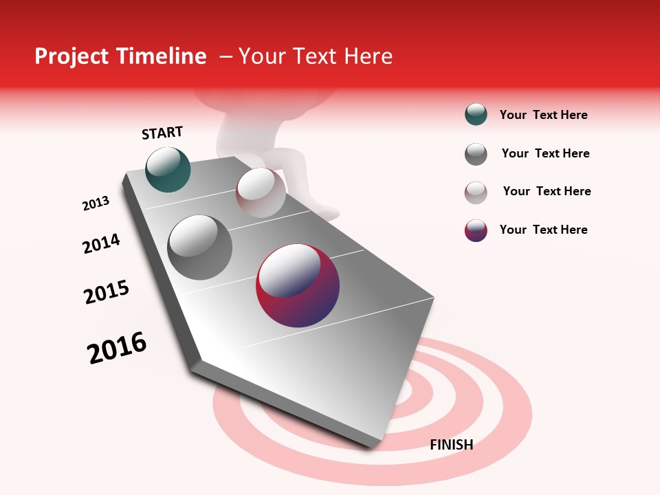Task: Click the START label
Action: click(162, 133)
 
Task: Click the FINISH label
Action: click(451, 445)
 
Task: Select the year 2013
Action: click(96, 203)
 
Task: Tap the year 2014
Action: click(102, 243)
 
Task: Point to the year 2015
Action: click(107, 292)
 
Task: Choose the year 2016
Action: click(117, 347)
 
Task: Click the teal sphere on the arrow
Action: click(168, 170)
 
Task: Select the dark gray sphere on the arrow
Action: click(199, 247)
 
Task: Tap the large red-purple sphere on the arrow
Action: click(298, 286)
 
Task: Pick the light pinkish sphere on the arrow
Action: click(261, 192)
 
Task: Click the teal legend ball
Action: click(476, 115)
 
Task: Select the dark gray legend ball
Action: click(476, 154)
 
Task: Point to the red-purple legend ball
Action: click(476, 230)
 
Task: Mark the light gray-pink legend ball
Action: click(476, 192)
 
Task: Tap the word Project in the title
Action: click(72, 56)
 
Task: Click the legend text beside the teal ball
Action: click(543, 115)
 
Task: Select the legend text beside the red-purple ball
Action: click(543, 230)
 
